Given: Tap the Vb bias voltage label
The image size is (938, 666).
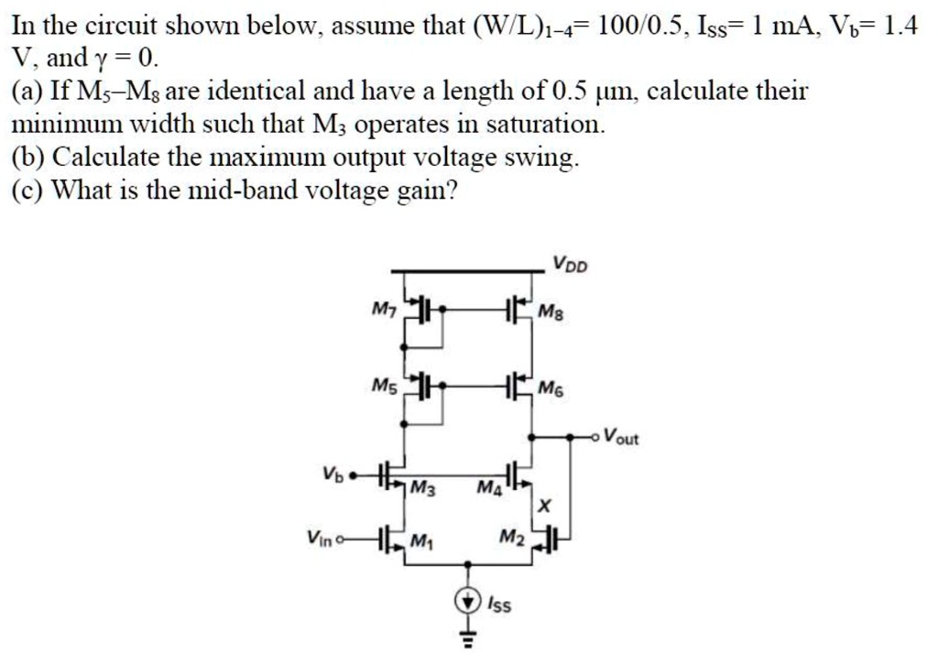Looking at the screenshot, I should [x=332, y=475].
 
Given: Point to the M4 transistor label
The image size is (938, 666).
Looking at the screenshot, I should [x=489, y=487].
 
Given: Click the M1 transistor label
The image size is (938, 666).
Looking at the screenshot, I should [x=421, y=540].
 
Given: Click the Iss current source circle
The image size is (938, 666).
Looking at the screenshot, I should [x=468, y=600].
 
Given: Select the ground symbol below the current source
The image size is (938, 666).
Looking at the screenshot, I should [x=468, y=639].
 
